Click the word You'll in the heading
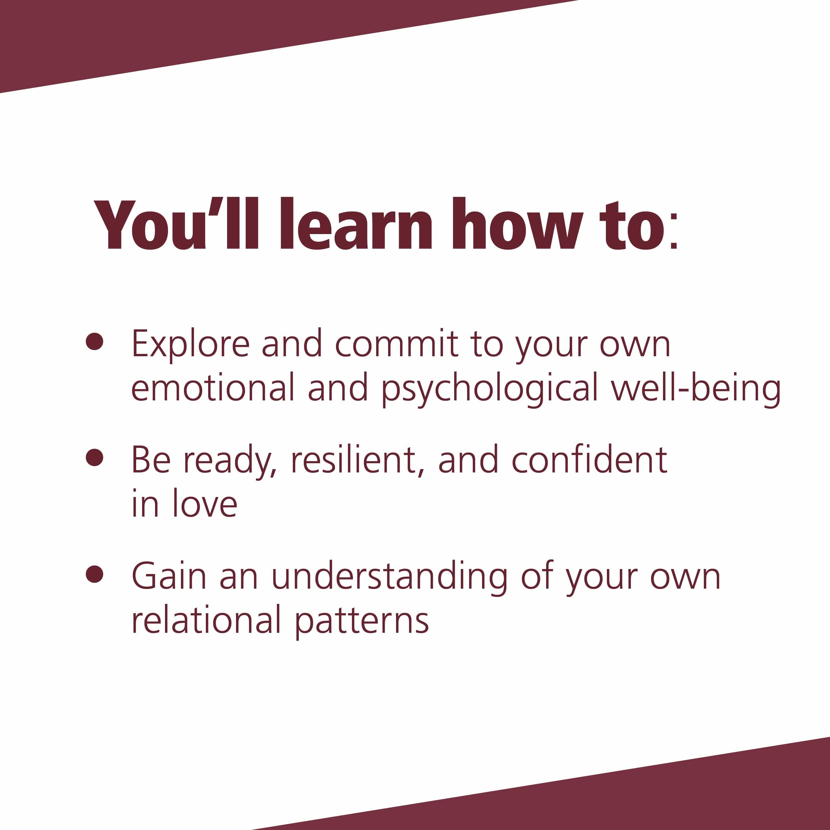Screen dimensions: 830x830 pyautogui.click(x=177, y=224)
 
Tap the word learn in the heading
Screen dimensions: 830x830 pyautogui.click(x=356, y=224)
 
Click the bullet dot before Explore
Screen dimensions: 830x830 pyautogui.click(x=95, y=342)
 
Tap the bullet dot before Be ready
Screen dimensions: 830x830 pyautogui.click(x=95, y=457)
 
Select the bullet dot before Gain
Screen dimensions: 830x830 pyautogui.click(x=95, y=573)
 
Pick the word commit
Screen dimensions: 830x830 pyautogui.click(x=396, y=343)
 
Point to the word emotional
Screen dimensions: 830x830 pyautogui.click(x=213, y=387)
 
